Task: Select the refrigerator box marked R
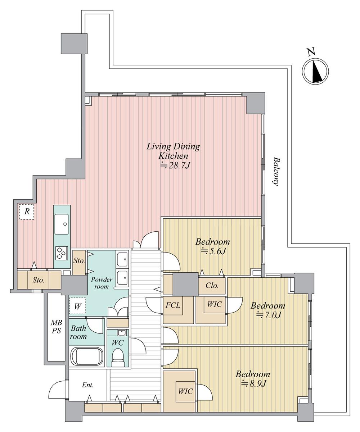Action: (x=27, y=212)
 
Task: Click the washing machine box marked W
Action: (x=77, y=306)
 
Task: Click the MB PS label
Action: (x=57, y=326)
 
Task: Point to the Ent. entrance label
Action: (x=88, y=385)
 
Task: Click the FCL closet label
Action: (x=173, y=305)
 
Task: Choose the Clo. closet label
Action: (x=212, y=286)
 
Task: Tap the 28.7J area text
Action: (x=175, y=165)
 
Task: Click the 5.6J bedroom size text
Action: (x=213, y=251)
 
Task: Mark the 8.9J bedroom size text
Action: (x=253, y=384)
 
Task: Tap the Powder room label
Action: (x=102, y=283)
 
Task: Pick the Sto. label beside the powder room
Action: (x=79, y=261)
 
